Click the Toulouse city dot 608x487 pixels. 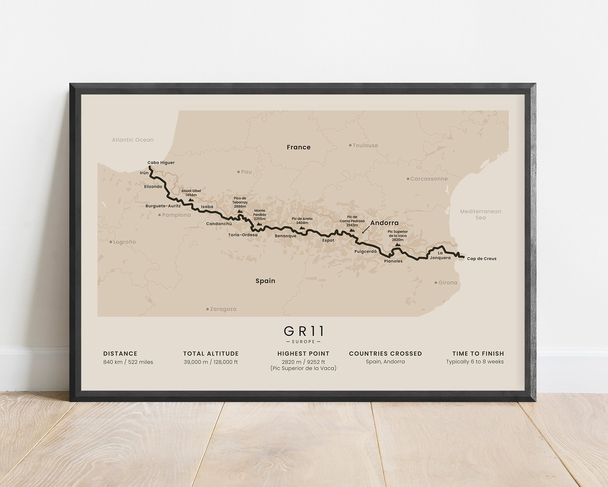point(350,145)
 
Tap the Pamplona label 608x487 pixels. point(176,215)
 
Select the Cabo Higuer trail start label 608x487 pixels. point(161,163)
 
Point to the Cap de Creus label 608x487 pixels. point(482,259)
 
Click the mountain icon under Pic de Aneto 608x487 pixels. point(302,228)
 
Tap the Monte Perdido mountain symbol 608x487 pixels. point(259,224)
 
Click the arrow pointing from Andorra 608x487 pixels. point(365,230)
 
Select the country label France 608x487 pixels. point(299,147)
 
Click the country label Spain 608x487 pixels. point(265,281)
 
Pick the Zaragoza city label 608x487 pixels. point(223,309)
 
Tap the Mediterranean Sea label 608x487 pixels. point(481,214)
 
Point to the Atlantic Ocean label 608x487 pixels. point(133,140)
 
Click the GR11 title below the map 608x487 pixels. point(304,331)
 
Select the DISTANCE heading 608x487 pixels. point(120,353)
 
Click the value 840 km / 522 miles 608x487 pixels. point(128,362)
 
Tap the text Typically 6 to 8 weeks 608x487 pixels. point(475,362)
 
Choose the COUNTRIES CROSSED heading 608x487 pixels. point(385,353)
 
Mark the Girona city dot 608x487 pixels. point(436,282)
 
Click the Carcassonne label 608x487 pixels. point(429,179)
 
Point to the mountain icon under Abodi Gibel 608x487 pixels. point(191,200)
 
